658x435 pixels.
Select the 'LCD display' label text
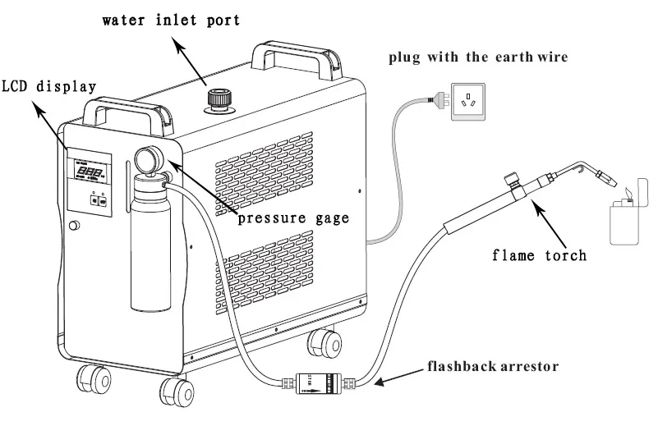[x=48, y=86]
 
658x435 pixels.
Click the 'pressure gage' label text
[x=293, y=218]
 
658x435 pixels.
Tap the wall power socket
[x=469, y=102]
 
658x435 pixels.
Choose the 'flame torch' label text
[x=540, y=255]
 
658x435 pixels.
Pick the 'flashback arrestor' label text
[x=491, y=364]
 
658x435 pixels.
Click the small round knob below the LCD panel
[x=75, y=226]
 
